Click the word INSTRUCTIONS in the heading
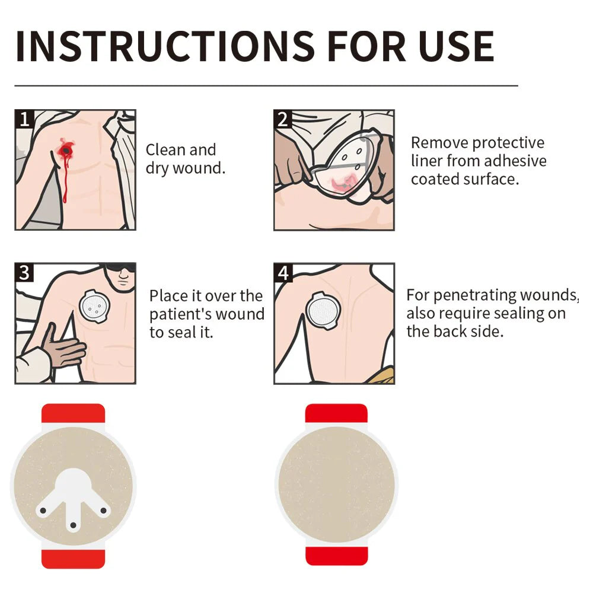tap(165, 46)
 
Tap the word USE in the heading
tap(456, 46)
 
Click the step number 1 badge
tap(24, 119)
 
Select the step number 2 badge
tap(283, 119)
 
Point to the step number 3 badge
tap(24, 273)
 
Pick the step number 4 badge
tap(283, 273)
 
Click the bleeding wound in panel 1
tap(66, 151)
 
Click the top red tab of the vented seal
tap(73, 413)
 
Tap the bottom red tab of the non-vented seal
tap(336, 556)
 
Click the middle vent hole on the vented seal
tap(74, 525)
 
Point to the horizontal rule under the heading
tap(266, 86)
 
